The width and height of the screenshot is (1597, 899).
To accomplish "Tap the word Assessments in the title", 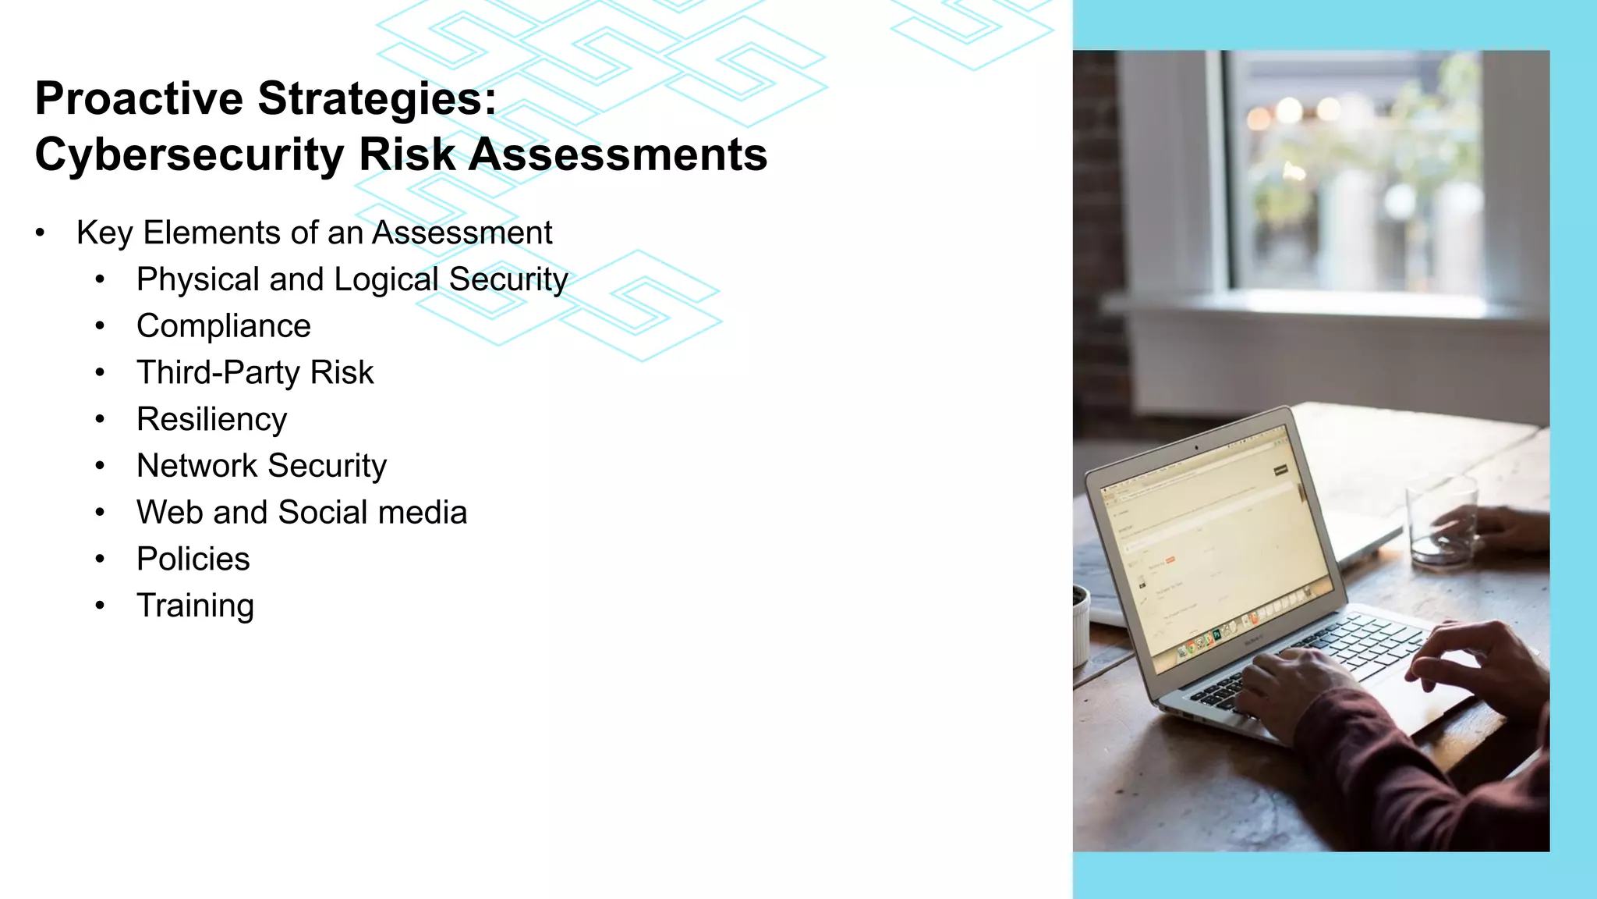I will pos(618,155).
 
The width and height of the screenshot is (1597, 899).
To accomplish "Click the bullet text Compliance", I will pos(223,326).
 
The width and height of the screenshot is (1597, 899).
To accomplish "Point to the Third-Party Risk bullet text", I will pos(255,373).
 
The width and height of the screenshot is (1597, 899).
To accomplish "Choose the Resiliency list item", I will pos(211,420).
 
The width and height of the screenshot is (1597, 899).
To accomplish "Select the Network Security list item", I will pos(261,466).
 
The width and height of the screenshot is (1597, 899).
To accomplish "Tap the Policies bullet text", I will pos(193,560).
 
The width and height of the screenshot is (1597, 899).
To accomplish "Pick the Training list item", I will pos(195,606).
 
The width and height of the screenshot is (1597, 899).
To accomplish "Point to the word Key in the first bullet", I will pos(104,233).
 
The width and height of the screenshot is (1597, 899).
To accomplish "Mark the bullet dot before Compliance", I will pos(100,326).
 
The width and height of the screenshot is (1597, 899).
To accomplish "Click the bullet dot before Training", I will pos(100,606).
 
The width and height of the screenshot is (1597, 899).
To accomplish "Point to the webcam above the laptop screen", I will pos(1196,449).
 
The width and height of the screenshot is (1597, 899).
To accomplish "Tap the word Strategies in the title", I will pos(377,99).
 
